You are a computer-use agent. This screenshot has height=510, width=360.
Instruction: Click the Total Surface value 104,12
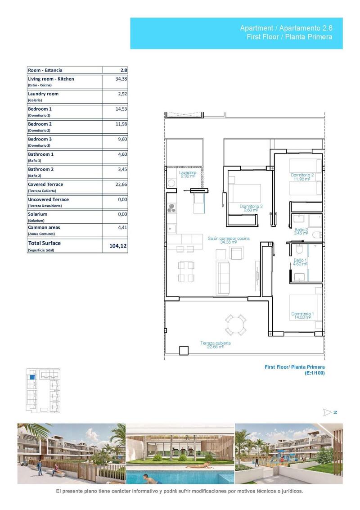coord(118,246)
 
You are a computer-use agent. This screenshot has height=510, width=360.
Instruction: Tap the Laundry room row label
coord(43,94)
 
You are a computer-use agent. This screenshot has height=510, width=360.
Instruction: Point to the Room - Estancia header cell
coord(45,70)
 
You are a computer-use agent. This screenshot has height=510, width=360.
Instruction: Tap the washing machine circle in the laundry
coord(171,183)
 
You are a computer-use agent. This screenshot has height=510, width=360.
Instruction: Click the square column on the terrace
coord(184,351)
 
